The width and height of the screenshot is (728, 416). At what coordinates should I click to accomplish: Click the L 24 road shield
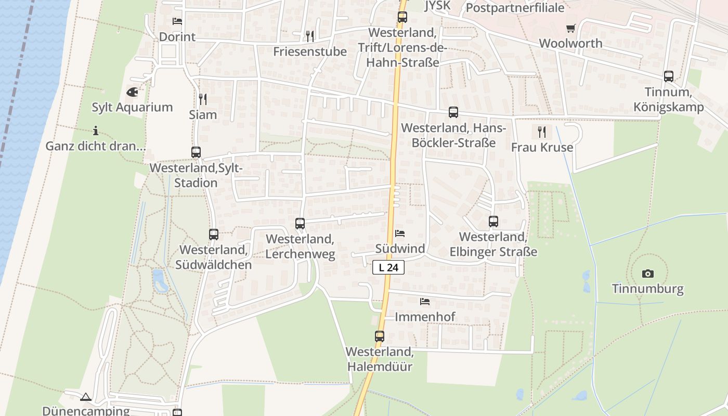pyautogui.click(x=388, y=268)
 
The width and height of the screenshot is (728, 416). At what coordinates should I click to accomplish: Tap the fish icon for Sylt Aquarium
pyautogui.click(x=133, y=92)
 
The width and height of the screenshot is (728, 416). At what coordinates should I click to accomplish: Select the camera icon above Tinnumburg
pyautogui.click(x=647, y=274)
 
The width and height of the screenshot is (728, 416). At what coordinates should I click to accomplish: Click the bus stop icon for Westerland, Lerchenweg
pyautogui.click(x=300, y=224)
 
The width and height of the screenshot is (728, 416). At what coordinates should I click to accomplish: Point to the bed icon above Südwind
pyautogui.click(x=400, y=233)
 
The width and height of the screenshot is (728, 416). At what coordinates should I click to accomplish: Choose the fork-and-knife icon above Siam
pyautogui.click(x=203, y=99)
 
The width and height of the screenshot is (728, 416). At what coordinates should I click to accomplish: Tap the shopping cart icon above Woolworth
pyautogui.click(x=570, y=28)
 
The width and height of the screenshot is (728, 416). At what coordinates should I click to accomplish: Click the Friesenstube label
pyautogui.click(x=310, y=51)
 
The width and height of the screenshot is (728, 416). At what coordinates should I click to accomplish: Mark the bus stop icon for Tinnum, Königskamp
pyautogui.click(x=669, y=76)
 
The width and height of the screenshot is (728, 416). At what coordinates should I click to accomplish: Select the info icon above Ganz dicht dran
pyautogui.click(x=95, y=131)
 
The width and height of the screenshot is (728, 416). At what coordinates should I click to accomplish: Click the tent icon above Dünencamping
pyautogui.click(x=86, y=397)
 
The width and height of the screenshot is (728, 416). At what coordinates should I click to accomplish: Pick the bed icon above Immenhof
pyautogui.click(x=425, y=302)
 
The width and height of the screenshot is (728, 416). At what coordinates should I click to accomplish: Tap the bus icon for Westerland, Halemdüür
pyautogui.click(x=380, y=336)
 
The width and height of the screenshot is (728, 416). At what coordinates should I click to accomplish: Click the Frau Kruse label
pyautogui.click(x=542, y=147)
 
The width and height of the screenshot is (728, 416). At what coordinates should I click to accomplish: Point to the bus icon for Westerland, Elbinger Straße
pyautogui.click(x=493, y=222)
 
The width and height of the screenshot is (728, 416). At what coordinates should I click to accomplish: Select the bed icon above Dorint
pyautogui.click(x=177, y=21)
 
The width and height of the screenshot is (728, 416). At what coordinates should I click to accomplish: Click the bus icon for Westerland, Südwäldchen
pyautogui.click(x=214, y=235)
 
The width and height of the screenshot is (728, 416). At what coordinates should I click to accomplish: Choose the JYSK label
pyautogui.click(x=437, y=6)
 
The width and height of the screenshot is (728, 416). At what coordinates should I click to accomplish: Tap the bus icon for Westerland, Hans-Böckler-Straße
pyautogui.click(x=453, y=112)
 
